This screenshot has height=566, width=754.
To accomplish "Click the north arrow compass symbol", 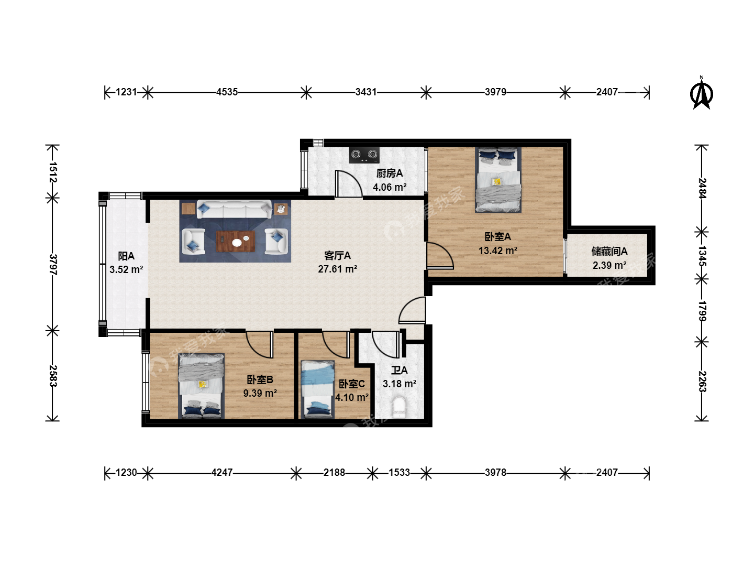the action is [701, 93].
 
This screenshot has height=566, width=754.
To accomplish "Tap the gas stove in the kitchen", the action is [364, 155].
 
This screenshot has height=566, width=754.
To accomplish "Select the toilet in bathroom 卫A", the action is [399, 407].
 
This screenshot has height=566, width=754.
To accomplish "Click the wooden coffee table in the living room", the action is [236, 241].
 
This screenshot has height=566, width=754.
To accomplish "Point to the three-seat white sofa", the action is [234, 209].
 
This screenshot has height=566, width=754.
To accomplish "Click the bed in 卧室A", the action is [498, 180].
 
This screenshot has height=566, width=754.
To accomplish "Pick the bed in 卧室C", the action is [317, 389].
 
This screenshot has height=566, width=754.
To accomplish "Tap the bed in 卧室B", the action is [201, 386].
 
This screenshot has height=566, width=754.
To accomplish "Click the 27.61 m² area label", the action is [337, 269].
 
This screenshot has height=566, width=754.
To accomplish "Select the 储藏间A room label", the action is [609, 252].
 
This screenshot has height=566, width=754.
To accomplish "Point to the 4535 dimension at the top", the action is [227, 92].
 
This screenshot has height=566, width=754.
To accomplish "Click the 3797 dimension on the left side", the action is [52, 265].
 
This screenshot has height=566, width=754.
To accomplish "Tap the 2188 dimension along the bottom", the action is [334, 473].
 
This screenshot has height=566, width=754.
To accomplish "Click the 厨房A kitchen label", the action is [389, 173].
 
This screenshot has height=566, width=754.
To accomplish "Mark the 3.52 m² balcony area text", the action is [126, 269].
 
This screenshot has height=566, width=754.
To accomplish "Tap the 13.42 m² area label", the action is [498, 251].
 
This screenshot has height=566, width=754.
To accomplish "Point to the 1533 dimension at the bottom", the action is [399, 473].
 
